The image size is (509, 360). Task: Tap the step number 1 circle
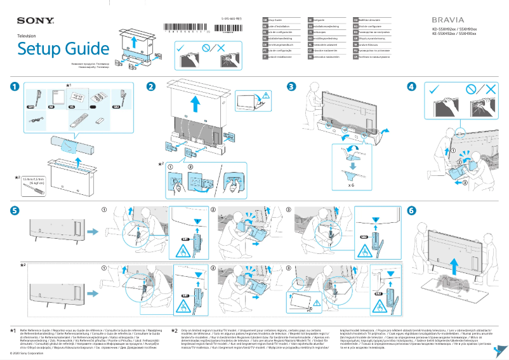[x=15, y=87]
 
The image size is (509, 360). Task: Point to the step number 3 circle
[x=291, y=87]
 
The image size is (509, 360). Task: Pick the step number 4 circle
[x=412, y=87]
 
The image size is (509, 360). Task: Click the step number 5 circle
[x=15, y=210]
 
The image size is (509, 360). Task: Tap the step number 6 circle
[x=412, y=210]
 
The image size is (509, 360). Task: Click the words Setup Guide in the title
[x=63, y=49]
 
